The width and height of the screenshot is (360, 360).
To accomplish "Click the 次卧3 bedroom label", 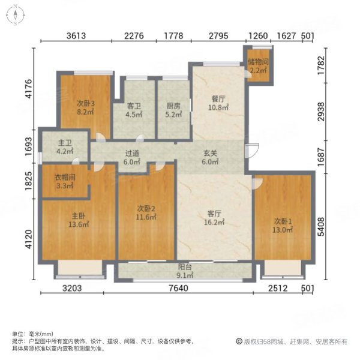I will click(85, 103).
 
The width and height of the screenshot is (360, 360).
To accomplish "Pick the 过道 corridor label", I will click(132, 157).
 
